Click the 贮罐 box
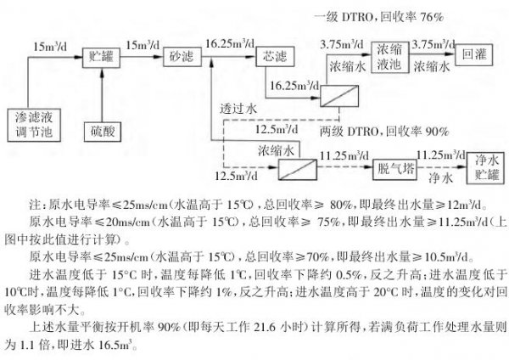(x=101, y=58)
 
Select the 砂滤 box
(x=182, y=57)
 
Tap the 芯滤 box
(x=275, y=57)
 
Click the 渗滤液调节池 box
(x=34, y=125)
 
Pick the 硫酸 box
(x=103, y=132)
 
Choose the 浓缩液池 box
(x=390, y=57)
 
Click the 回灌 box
(x=474, y=55)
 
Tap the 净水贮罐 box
(x=485, y=168)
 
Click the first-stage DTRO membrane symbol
(x=339, y=96)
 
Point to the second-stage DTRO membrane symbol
(x=298, y=169)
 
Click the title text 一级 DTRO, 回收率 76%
(x=378, y=17)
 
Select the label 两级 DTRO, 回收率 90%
(x=384, y=132)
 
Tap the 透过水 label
(x=238, y=109)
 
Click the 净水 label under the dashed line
(x=440, y=178)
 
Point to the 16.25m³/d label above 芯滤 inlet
(x=230, y=43)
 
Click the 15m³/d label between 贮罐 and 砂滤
(x=143, y=44)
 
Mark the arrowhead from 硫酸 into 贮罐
(x=102, y=72)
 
